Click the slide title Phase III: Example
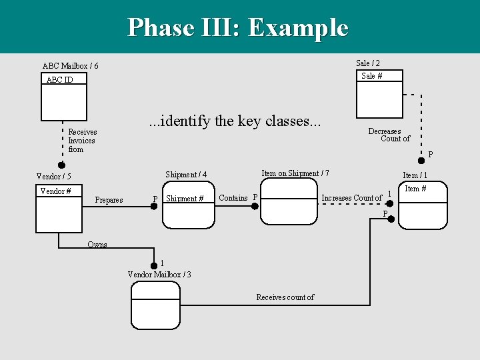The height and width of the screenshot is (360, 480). click(238, 28)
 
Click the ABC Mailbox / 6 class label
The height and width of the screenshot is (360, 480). click(70, 66)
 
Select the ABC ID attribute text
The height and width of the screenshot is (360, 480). click(59, 80)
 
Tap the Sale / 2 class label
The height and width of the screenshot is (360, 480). click(368, 63)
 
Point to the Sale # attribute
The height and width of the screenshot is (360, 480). click(371, 76)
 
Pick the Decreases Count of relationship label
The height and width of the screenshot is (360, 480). click(389, 135)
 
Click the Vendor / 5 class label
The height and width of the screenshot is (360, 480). click(53, 177)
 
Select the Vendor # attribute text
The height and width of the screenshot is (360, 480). click(55, 191)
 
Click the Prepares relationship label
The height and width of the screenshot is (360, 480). click(109, 200)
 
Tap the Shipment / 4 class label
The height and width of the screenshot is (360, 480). click(186, 175)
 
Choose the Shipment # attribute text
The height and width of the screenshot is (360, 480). click(185, 199)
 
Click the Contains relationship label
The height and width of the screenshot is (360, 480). click(233, 197)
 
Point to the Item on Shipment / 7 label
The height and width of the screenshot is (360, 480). click(295, 173)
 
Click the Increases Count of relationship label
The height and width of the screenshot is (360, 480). click(351, 198)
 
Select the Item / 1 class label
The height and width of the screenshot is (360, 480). click(415, 175)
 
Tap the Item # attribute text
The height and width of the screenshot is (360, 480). click(416, 189)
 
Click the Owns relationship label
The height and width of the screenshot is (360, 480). click(97, 244)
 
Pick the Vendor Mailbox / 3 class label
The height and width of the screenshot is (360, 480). click(159, 275)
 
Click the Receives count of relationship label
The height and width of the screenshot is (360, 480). click(285, 297)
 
